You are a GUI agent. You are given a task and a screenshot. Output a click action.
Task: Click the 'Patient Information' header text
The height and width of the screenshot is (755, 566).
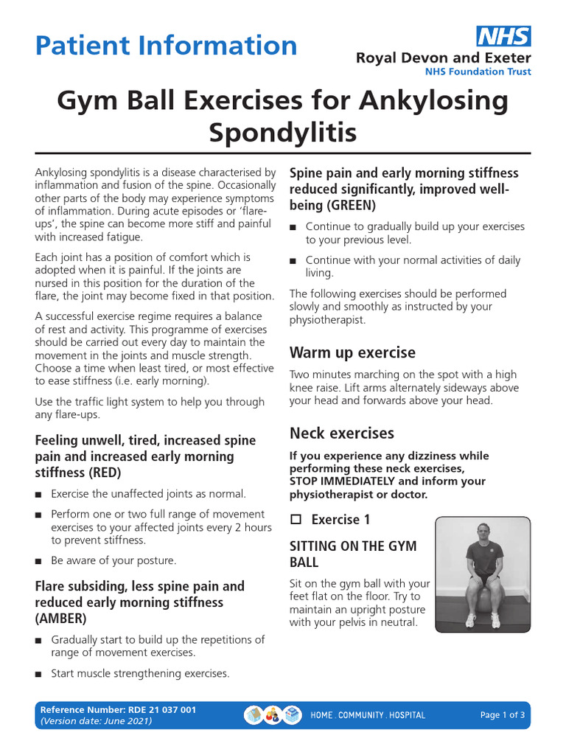click(x=167, y=46)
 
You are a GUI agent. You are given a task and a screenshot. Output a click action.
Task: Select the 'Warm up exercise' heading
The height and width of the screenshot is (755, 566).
click(x=352, y=352)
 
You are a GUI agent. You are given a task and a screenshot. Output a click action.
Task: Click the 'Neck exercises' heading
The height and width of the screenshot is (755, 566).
click(x=342, y=433)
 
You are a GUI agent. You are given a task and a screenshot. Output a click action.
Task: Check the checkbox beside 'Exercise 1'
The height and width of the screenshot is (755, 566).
click(x=296, y=521)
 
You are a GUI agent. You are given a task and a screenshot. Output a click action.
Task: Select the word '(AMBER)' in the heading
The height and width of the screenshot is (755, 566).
click(x=61, y=619)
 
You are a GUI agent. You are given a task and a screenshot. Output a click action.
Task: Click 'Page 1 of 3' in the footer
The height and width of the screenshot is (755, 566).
click(x=503, y=714)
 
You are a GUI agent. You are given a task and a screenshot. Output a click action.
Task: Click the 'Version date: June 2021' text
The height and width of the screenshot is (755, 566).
click(x=97, y=721)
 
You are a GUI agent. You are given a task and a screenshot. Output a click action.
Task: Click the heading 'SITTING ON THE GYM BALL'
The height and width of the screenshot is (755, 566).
click(x=353, y=554)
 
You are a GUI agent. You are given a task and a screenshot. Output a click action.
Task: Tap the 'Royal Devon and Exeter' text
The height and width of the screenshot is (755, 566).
click(x=443, y=58)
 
